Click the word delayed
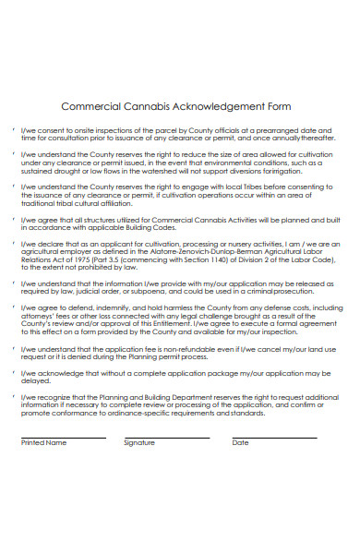32,379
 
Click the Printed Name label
43,442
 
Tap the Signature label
138,442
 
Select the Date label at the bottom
240,442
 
